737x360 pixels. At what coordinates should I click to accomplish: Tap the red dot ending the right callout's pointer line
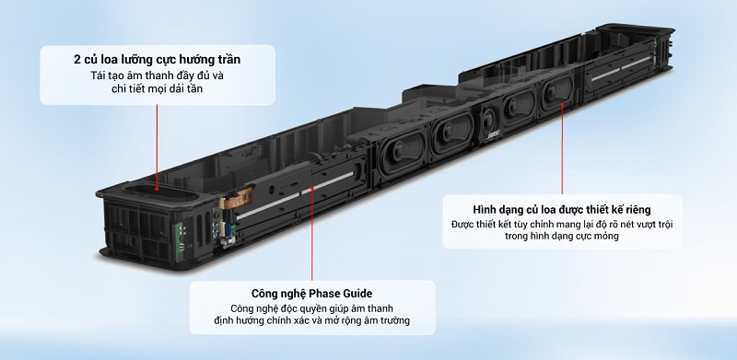point(561,105)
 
